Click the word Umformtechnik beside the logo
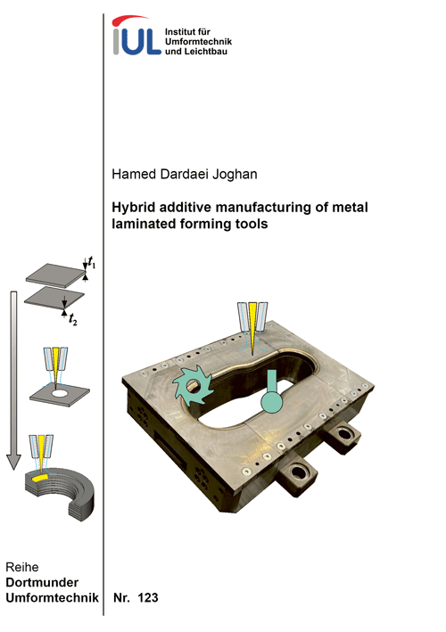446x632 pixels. (x=198, y=42)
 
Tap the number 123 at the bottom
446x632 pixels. (x=148, y=598)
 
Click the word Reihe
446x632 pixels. (x=22, y=567)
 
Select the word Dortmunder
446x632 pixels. (x=42, y=582)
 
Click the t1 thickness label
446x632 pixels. (x=92, y=262)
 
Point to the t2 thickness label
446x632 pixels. (x=72, y=320)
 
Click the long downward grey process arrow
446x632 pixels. (x=13, y=380)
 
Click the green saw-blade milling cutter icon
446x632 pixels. (x=193, y=386)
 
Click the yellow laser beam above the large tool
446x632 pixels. (x=252, y=326)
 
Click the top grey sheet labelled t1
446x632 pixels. (x=55, y=275)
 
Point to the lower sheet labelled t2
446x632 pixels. (x=54, y=298)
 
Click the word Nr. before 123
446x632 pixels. (x=121, y=598)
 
